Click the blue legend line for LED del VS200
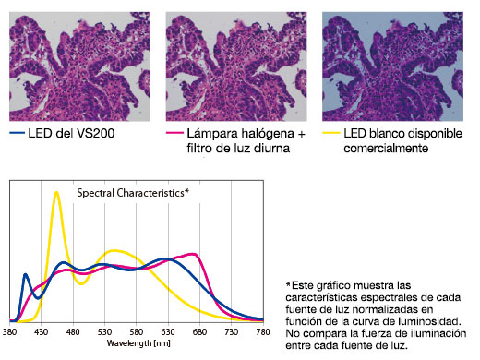pos(18,134)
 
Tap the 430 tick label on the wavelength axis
pos(42,330)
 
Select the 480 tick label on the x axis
pos(73,330)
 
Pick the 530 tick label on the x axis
pos(105,330)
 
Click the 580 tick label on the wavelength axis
pos(137,330)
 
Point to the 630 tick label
pos(168,330)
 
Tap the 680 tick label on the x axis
pos(199,330)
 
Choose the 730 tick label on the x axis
pos(231,330)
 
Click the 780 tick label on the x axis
pos(262,330)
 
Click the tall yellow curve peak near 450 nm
pos(56,192)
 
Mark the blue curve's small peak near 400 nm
pos(26,273)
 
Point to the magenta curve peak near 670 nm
pos(192,254)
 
